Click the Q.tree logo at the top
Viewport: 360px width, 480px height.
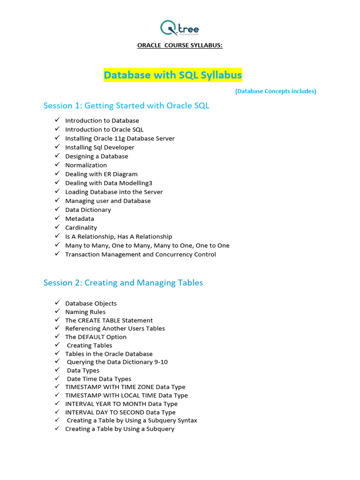point(180,28)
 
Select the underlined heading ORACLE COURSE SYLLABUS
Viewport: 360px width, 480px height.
point(180,45)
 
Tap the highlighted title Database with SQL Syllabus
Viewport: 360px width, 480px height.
point(172,75)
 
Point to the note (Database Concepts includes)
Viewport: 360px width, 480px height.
point(276,91)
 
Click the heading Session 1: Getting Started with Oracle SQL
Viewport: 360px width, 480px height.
point(126,105)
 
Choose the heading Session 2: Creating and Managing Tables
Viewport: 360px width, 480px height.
point(123,283)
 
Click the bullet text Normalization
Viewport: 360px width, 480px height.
point(86,165)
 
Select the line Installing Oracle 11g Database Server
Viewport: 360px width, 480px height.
point(120,138)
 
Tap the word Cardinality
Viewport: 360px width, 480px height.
point(81,227)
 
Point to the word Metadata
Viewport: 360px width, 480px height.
point(80,218)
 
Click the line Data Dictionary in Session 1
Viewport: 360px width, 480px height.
point(88,210)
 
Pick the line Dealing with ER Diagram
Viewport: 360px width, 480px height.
point(101,174)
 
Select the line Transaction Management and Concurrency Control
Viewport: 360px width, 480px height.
point(141,254)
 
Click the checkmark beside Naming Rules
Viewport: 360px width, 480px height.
point(57,311)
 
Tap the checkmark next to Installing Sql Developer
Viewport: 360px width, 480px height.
point(57,147)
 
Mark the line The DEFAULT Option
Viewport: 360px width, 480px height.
point(96,337)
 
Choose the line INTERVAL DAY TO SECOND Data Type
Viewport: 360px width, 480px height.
point(120,412)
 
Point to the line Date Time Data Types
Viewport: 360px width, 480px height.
point(99,379)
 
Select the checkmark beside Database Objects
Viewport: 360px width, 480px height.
point(57,303)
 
